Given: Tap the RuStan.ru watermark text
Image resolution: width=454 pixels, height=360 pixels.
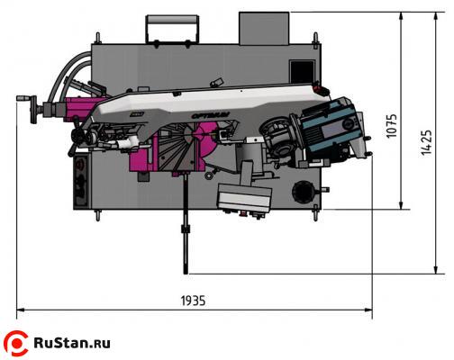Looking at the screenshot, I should click(x=72, y=343).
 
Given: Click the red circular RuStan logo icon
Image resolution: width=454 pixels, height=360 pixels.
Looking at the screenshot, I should click(x=16, y=343).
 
